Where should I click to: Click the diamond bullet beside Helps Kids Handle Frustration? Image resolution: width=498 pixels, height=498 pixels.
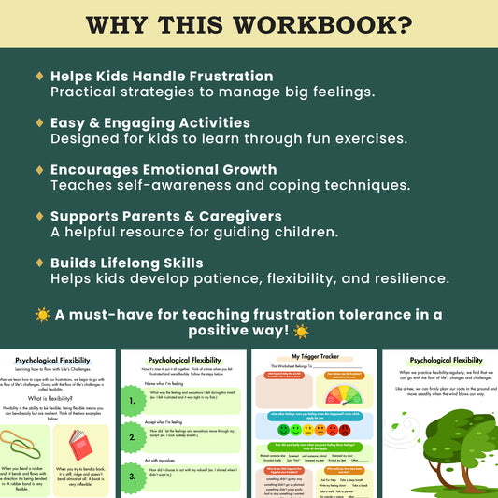pyautogui.click(x=39, y=76)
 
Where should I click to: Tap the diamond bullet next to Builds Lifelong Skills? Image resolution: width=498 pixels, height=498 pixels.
pyautogui.click(x=39, y=263)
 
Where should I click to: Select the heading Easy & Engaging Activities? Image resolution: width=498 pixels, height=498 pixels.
pyautogui.click(x=149, y=122)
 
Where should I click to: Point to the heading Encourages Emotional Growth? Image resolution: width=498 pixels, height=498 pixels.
pyautogui.click(x=163, y=169)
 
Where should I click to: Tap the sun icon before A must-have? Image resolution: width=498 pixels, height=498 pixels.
pyautogui.click(x=42, y=315)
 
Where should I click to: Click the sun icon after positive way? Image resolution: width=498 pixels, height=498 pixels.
pyautogui.click(x=301, y=332)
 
